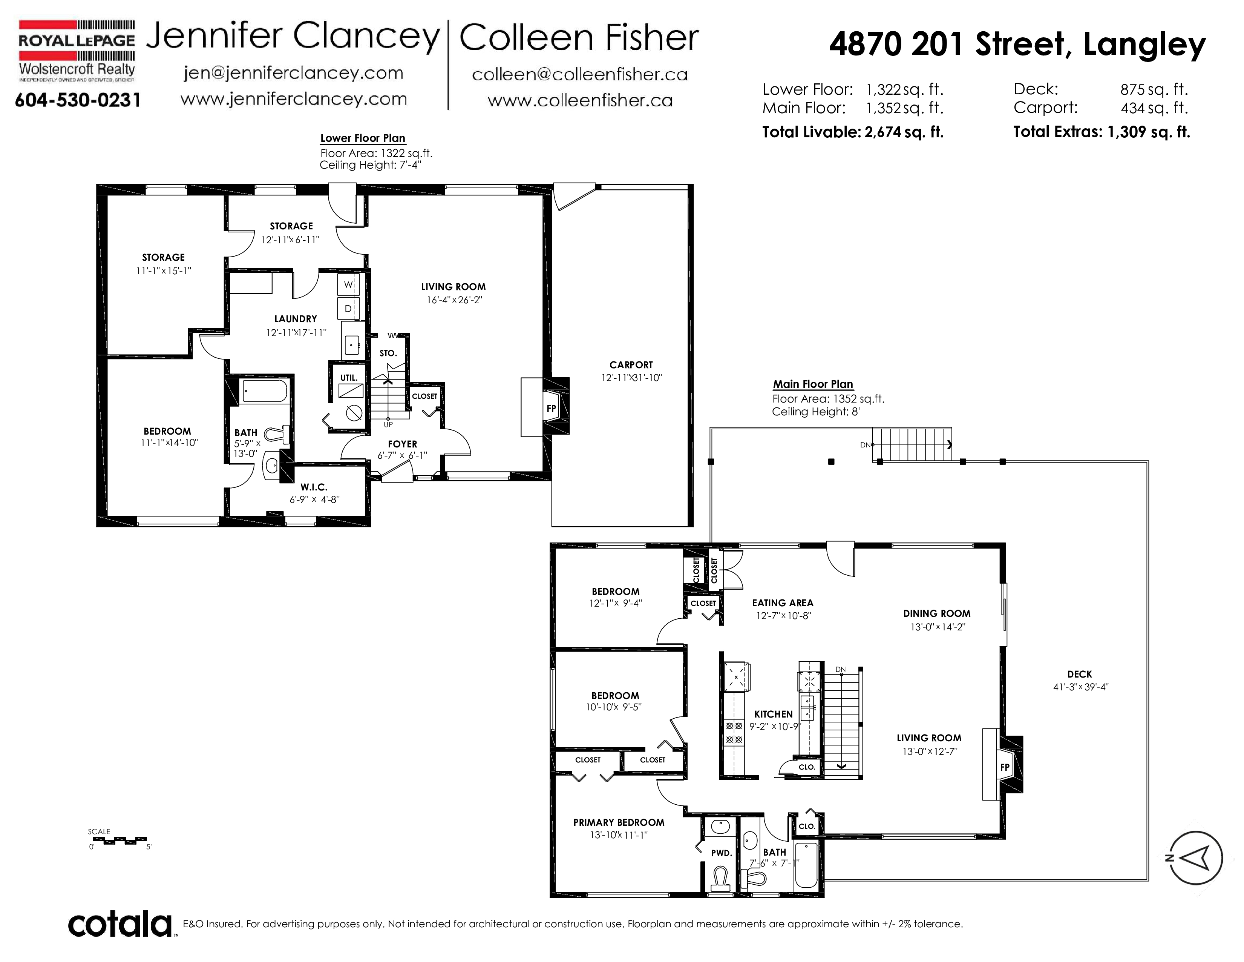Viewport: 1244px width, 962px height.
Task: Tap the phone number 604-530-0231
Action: tap(77, 100)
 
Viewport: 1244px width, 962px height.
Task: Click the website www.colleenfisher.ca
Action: tap(580, 101)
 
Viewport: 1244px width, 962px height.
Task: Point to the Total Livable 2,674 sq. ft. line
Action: tap(853, 132)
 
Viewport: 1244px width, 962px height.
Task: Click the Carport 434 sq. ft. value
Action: tap(1154, 108)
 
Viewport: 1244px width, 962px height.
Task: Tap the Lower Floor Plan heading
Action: tap(363, 138)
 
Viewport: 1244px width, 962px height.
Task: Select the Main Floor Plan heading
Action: tap(813, 384)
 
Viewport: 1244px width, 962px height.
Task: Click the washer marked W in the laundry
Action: tap(348, 284)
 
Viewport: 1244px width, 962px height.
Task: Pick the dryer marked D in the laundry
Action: tap(348, 308)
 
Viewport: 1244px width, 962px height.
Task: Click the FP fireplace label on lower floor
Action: tap(551, 408)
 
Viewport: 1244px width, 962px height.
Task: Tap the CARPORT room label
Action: tap(631, 365)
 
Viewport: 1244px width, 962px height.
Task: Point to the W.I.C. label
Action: tap(314, 487)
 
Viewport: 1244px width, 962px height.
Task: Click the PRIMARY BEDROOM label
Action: tap(619, 822)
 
